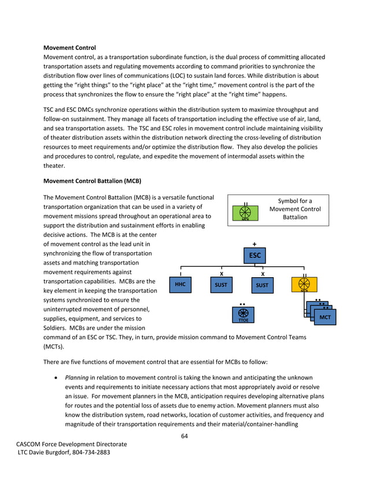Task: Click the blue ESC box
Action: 255,255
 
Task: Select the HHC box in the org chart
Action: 180,285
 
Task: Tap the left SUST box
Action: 221,285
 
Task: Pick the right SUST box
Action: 262,285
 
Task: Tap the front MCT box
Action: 324,318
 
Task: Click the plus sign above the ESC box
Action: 255,244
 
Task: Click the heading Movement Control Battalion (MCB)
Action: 93,181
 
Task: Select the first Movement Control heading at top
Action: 69,47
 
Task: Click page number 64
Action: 184,436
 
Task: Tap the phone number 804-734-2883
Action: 89,452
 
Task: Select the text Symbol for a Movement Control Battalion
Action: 295,209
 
